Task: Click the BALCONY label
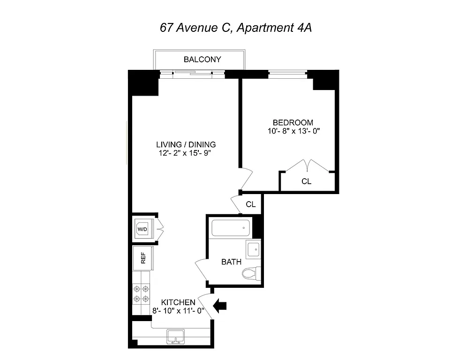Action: click(202, 60)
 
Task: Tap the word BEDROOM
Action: click(293, 123)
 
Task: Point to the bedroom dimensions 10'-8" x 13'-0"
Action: click(293, 131)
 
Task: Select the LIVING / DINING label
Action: click(186, 144)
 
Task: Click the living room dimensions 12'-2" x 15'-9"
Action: click(187, 153)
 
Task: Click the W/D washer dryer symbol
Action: click(142, 229)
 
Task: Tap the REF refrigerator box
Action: click(143, 258)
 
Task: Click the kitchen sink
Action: click(176, 336)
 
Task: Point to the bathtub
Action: click(230, 228)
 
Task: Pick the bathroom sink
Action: click(253, 249)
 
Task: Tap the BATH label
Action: click(231, 262)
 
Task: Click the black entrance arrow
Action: click(219, 306)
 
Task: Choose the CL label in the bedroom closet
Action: click(306, 181)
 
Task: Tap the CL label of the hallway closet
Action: click(251, 204)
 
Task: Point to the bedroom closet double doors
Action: click(307, 166)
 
